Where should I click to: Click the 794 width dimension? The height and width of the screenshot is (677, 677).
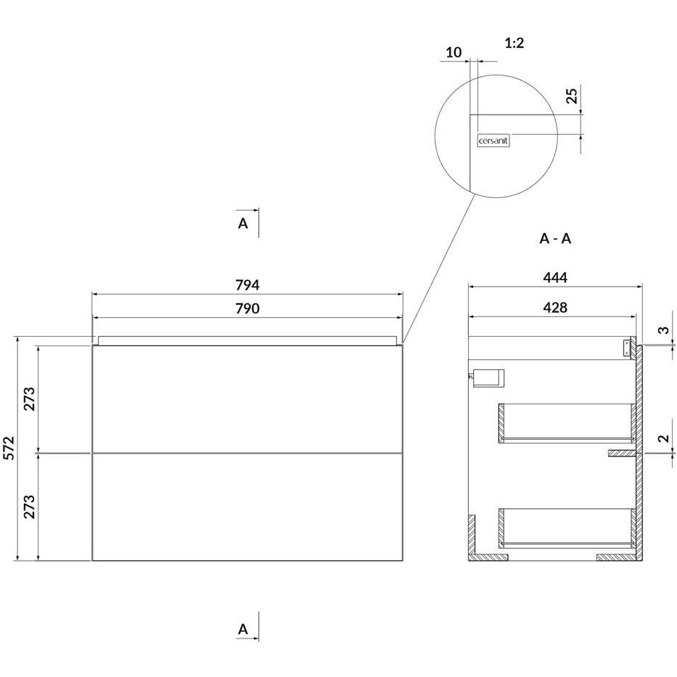pyautogui.click(x=247, y=285)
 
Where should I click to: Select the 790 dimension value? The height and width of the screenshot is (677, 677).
pyautogui.click(x=247, y=308)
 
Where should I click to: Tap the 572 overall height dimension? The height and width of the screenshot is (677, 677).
pyautogui.click(x=9, y=448)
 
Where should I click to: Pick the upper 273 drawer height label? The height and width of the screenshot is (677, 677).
pyautogui.click(x=29, y=399)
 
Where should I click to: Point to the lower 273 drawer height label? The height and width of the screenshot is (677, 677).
pyautogui.click(x=29, y=506)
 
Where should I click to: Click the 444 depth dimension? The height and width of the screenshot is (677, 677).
pyautogui.click(x=555, y=278)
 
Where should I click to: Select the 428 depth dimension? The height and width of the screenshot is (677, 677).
pyautogui.click(x=555, y=308)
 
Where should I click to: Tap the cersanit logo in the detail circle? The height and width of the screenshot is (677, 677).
pyautogui.click(x=493, y=141)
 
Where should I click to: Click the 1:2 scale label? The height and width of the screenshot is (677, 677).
pyautogui.click(x=514, y=44)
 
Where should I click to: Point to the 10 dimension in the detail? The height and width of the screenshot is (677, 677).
pyautogui.click(x=454, y=52)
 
